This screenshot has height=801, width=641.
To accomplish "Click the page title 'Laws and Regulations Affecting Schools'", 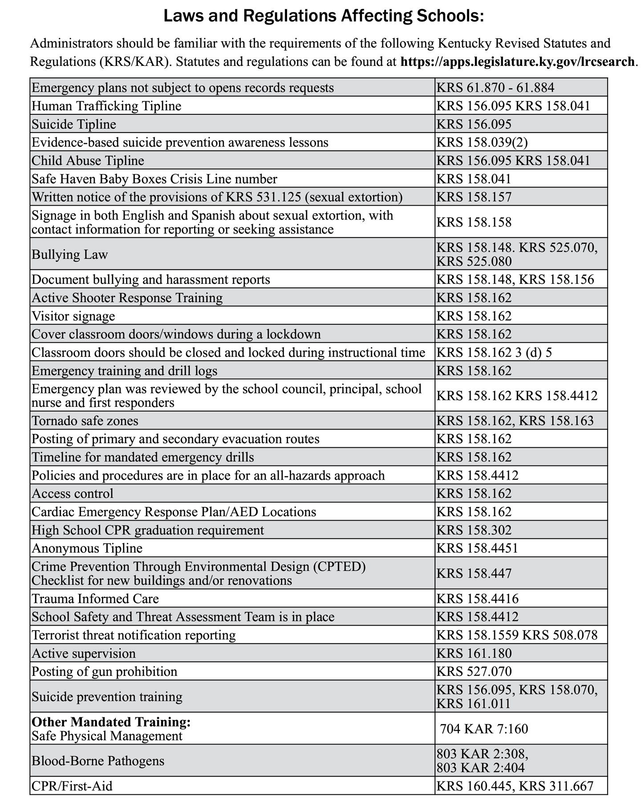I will [x=324, y=16].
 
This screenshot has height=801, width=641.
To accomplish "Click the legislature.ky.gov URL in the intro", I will [x=517, y=61].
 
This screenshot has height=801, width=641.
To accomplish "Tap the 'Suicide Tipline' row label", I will [x=74, y=124].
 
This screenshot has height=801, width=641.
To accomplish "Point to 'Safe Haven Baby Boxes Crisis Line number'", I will [x=154, y=179].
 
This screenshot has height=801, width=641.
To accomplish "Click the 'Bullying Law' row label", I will [x=70, y=255].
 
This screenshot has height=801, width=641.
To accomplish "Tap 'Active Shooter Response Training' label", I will [x=127, y=298].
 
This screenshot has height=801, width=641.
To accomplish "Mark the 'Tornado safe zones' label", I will [x=85, y=421].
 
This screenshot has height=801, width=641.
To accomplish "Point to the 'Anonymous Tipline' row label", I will [x=87, y=548].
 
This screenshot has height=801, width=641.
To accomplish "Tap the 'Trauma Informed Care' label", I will [x=95, y=599].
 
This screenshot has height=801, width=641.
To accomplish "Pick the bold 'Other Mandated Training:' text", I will [x=111, y=722].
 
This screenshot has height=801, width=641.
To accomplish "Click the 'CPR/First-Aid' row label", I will [x=72, y=786].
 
